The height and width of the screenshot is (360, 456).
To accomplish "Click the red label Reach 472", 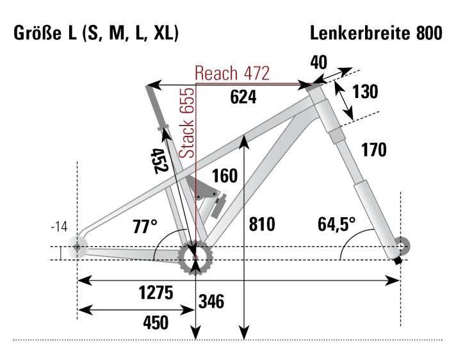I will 232,73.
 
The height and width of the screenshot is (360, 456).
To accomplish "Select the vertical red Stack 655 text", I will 186,124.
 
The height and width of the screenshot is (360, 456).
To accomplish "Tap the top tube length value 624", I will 243,97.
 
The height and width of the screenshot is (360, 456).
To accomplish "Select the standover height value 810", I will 262,224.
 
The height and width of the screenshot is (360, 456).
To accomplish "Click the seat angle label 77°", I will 145,227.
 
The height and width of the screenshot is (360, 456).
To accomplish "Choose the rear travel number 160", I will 224,176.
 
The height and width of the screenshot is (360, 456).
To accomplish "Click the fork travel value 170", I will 373,151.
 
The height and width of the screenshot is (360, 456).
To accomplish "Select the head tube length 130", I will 365,92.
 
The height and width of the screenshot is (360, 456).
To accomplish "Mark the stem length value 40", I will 318,61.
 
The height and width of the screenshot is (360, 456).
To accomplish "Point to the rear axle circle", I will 78,247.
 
